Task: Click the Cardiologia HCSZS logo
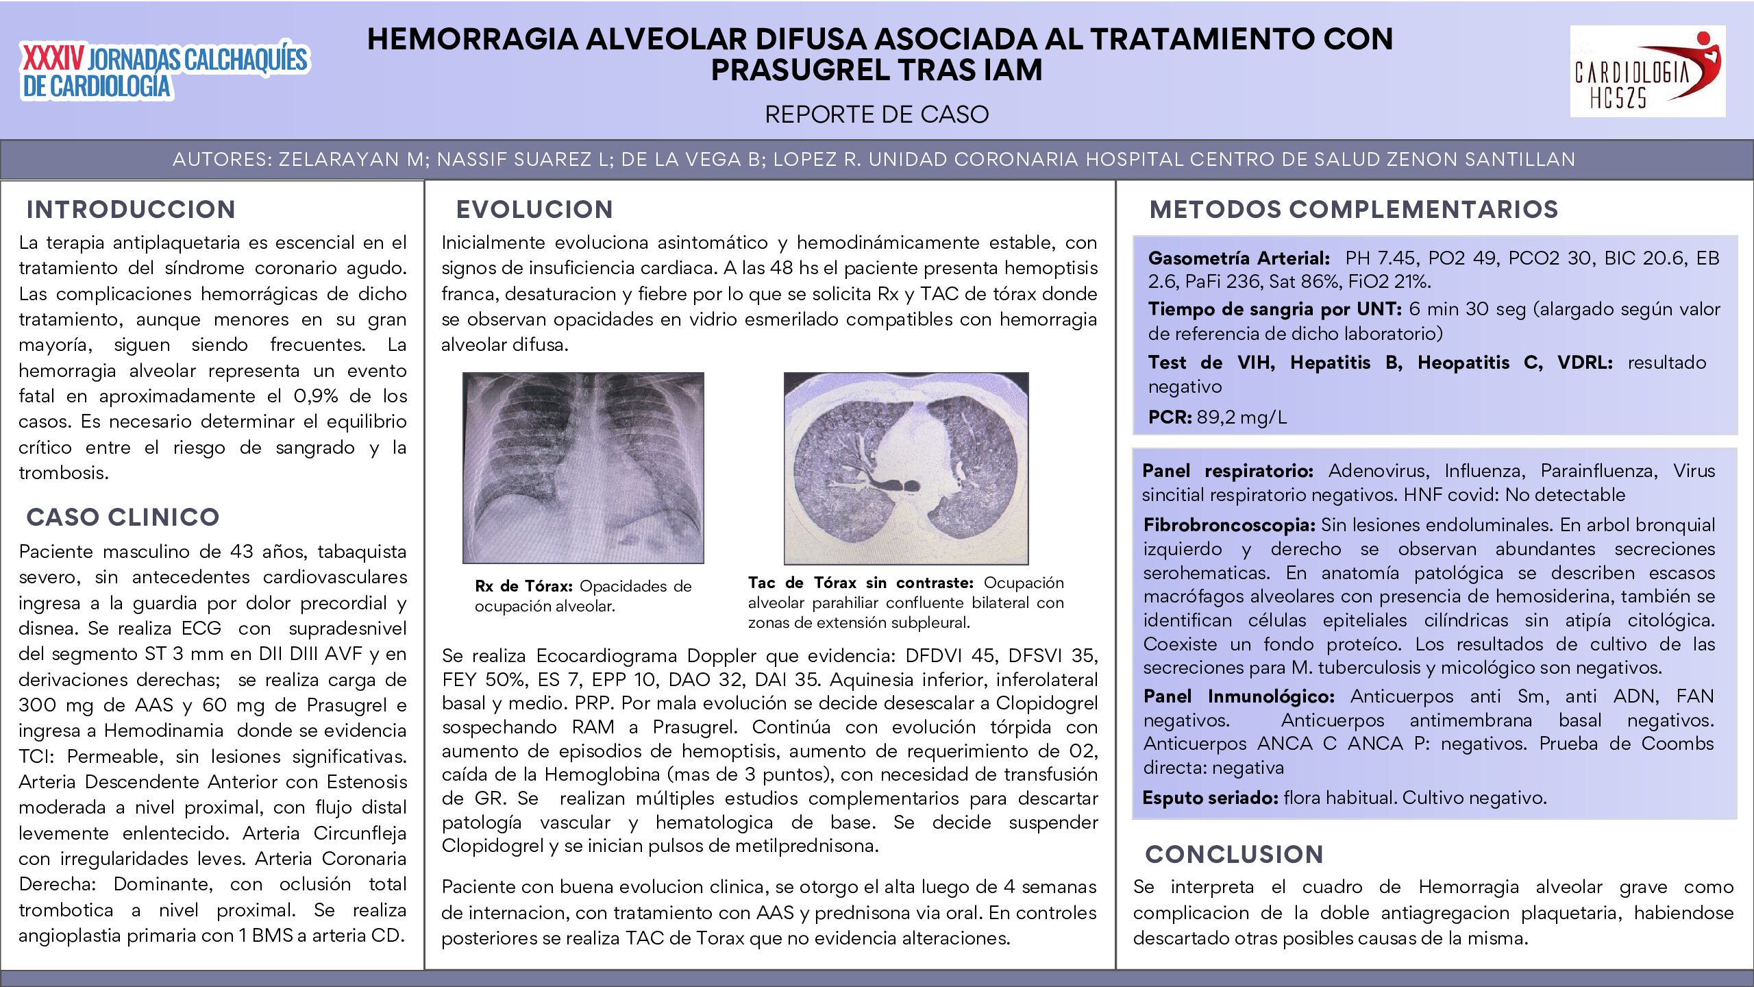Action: click(x=1647, y=71)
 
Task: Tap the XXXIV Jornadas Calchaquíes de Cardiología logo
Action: click(x=164, y=71)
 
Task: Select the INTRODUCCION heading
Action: click(x=131, y=210)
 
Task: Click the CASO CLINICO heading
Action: click(x=123, y=517)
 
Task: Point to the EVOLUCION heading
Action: click(x=534, y=210)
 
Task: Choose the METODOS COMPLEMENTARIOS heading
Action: click(x=1353, y=210)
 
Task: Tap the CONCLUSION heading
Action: click(x=1235, y=855)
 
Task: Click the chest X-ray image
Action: click(x=583, y=468)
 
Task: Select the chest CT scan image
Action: click(x=906, y=468)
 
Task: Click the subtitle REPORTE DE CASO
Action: click(x=876, y=114)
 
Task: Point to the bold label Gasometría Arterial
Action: click(x=1239, y=258)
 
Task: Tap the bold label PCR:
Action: click(x=1170, y=417)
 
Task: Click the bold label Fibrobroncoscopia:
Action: click(x=1228, y=525)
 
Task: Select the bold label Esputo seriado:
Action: click(x=1210, y=798)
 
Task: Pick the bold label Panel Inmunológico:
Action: click(x=1239, y=696)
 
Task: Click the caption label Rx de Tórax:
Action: click(x=523, y=587)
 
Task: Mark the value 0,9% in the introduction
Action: click(x=316, y=396)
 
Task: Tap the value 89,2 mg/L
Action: click(x=1242, y=417)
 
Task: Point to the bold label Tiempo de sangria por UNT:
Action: click(x=1275, y=309)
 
